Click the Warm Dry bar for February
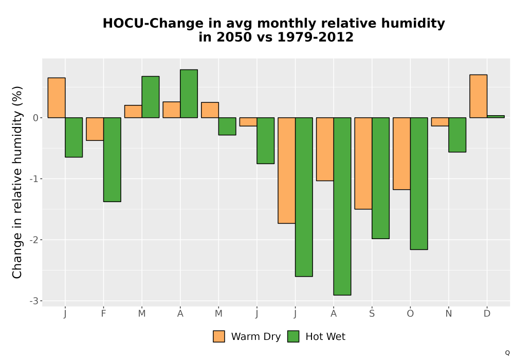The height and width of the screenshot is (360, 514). tap(95, 129)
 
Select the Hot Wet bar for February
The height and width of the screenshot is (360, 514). tap(112, 159)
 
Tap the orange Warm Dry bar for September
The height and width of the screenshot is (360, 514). tap(363, 163)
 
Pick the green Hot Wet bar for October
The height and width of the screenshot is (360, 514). tap(419, 184)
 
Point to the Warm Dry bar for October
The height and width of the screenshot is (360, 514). tap(401, 153)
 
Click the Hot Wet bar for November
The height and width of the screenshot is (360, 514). tap(457, 135)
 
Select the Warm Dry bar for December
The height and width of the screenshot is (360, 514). tap(478, 96)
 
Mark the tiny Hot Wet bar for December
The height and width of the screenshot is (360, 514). tap(495, 116)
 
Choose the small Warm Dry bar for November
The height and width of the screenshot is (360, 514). tap(440, 122)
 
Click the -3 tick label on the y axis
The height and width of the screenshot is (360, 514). tap(34, 301)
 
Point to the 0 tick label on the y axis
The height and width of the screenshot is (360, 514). tap(36, 118)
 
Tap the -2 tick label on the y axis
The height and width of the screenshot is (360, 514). tap(34, 240)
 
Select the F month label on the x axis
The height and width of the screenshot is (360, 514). tap(104, 314)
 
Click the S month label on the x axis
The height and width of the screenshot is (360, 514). tap(372, 314)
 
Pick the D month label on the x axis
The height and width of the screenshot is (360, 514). tap(487, 314)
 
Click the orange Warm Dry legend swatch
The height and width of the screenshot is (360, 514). tap(219, 336)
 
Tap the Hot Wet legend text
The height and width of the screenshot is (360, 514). tap(325, 337)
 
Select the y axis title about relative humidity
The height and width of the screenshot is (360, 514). tap(17, 182)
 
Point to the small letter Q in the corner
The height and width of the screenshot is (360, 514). tap(507, 353)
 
